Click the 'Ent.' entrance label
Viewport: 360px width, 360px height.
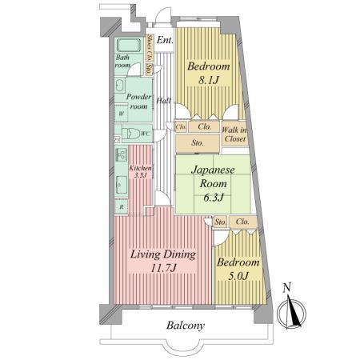tap(166, 40)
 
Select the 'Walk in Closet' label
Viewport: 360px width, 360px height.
tap(234, 134)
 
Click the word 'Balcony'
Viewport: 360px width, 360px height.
tap(186, 326)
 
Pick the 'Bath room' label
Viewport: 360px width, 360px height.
tap(122, 61)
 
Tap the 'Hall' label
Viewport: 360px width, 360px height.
tap(163, 100)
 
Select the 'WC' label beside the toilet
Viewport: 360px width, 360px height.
tap(146, 134)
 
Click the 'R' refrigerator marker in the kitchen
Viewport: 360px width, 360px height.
tap(121, 207)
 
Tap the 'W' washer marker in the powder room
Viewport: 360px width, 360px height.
tap(121, 114)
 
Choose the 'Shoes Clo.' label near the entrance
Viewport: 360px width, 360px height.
tap(150, 49)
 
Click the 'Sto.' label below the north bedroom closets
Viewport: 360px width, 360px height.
tap(197, 143)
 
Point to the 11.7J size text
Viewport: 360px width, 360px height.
tap(162, 270)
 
